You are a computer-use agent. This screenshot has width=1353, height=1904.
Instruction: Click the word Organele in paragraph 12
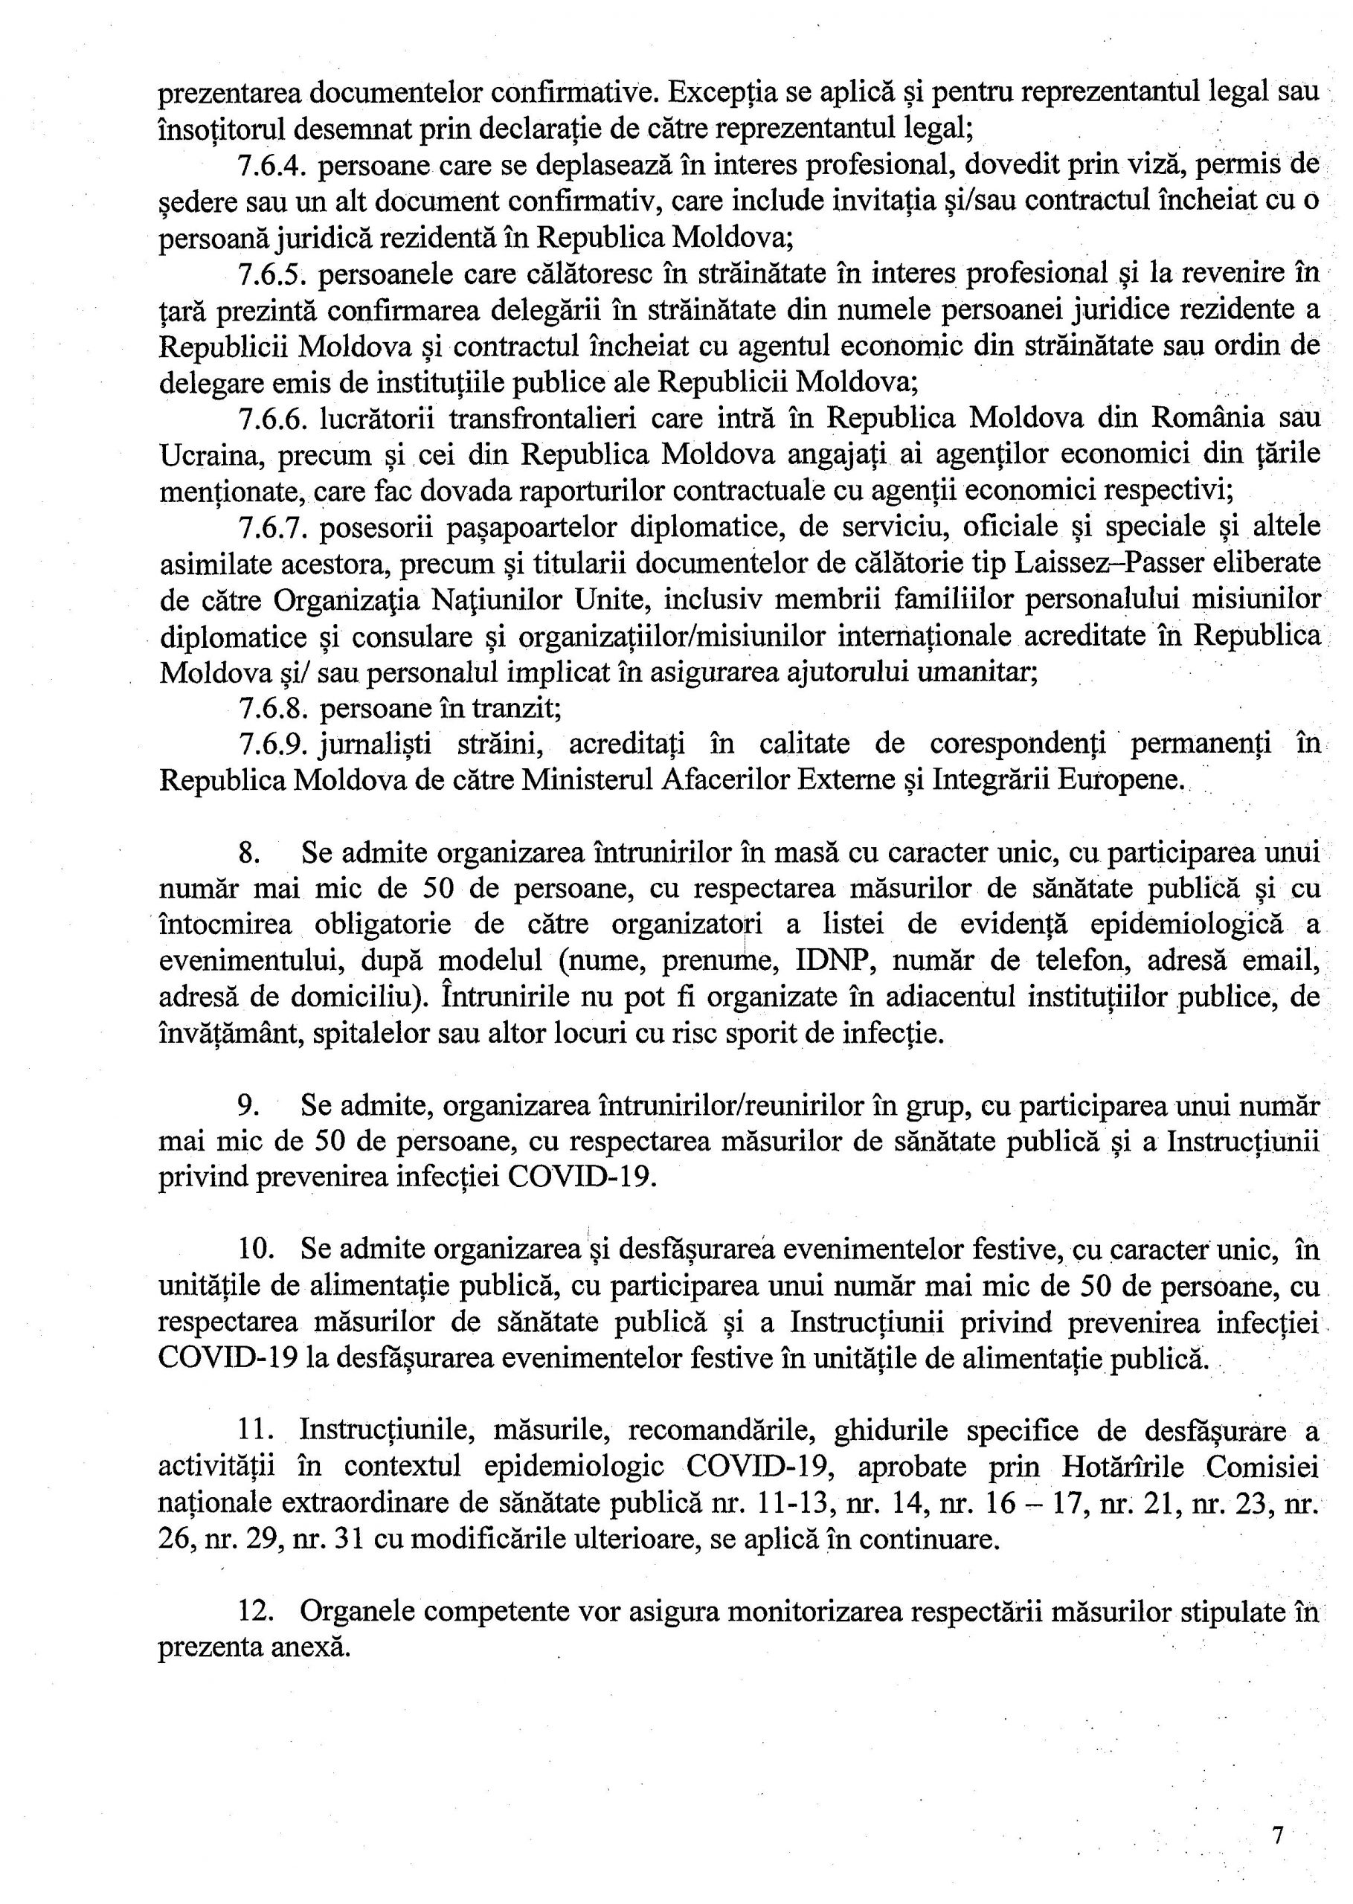click(354, 1612)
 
